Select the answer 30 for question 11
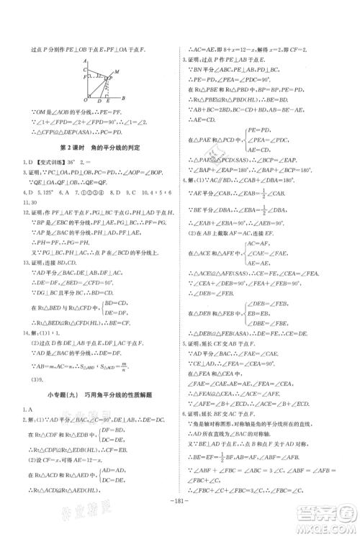32,202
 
